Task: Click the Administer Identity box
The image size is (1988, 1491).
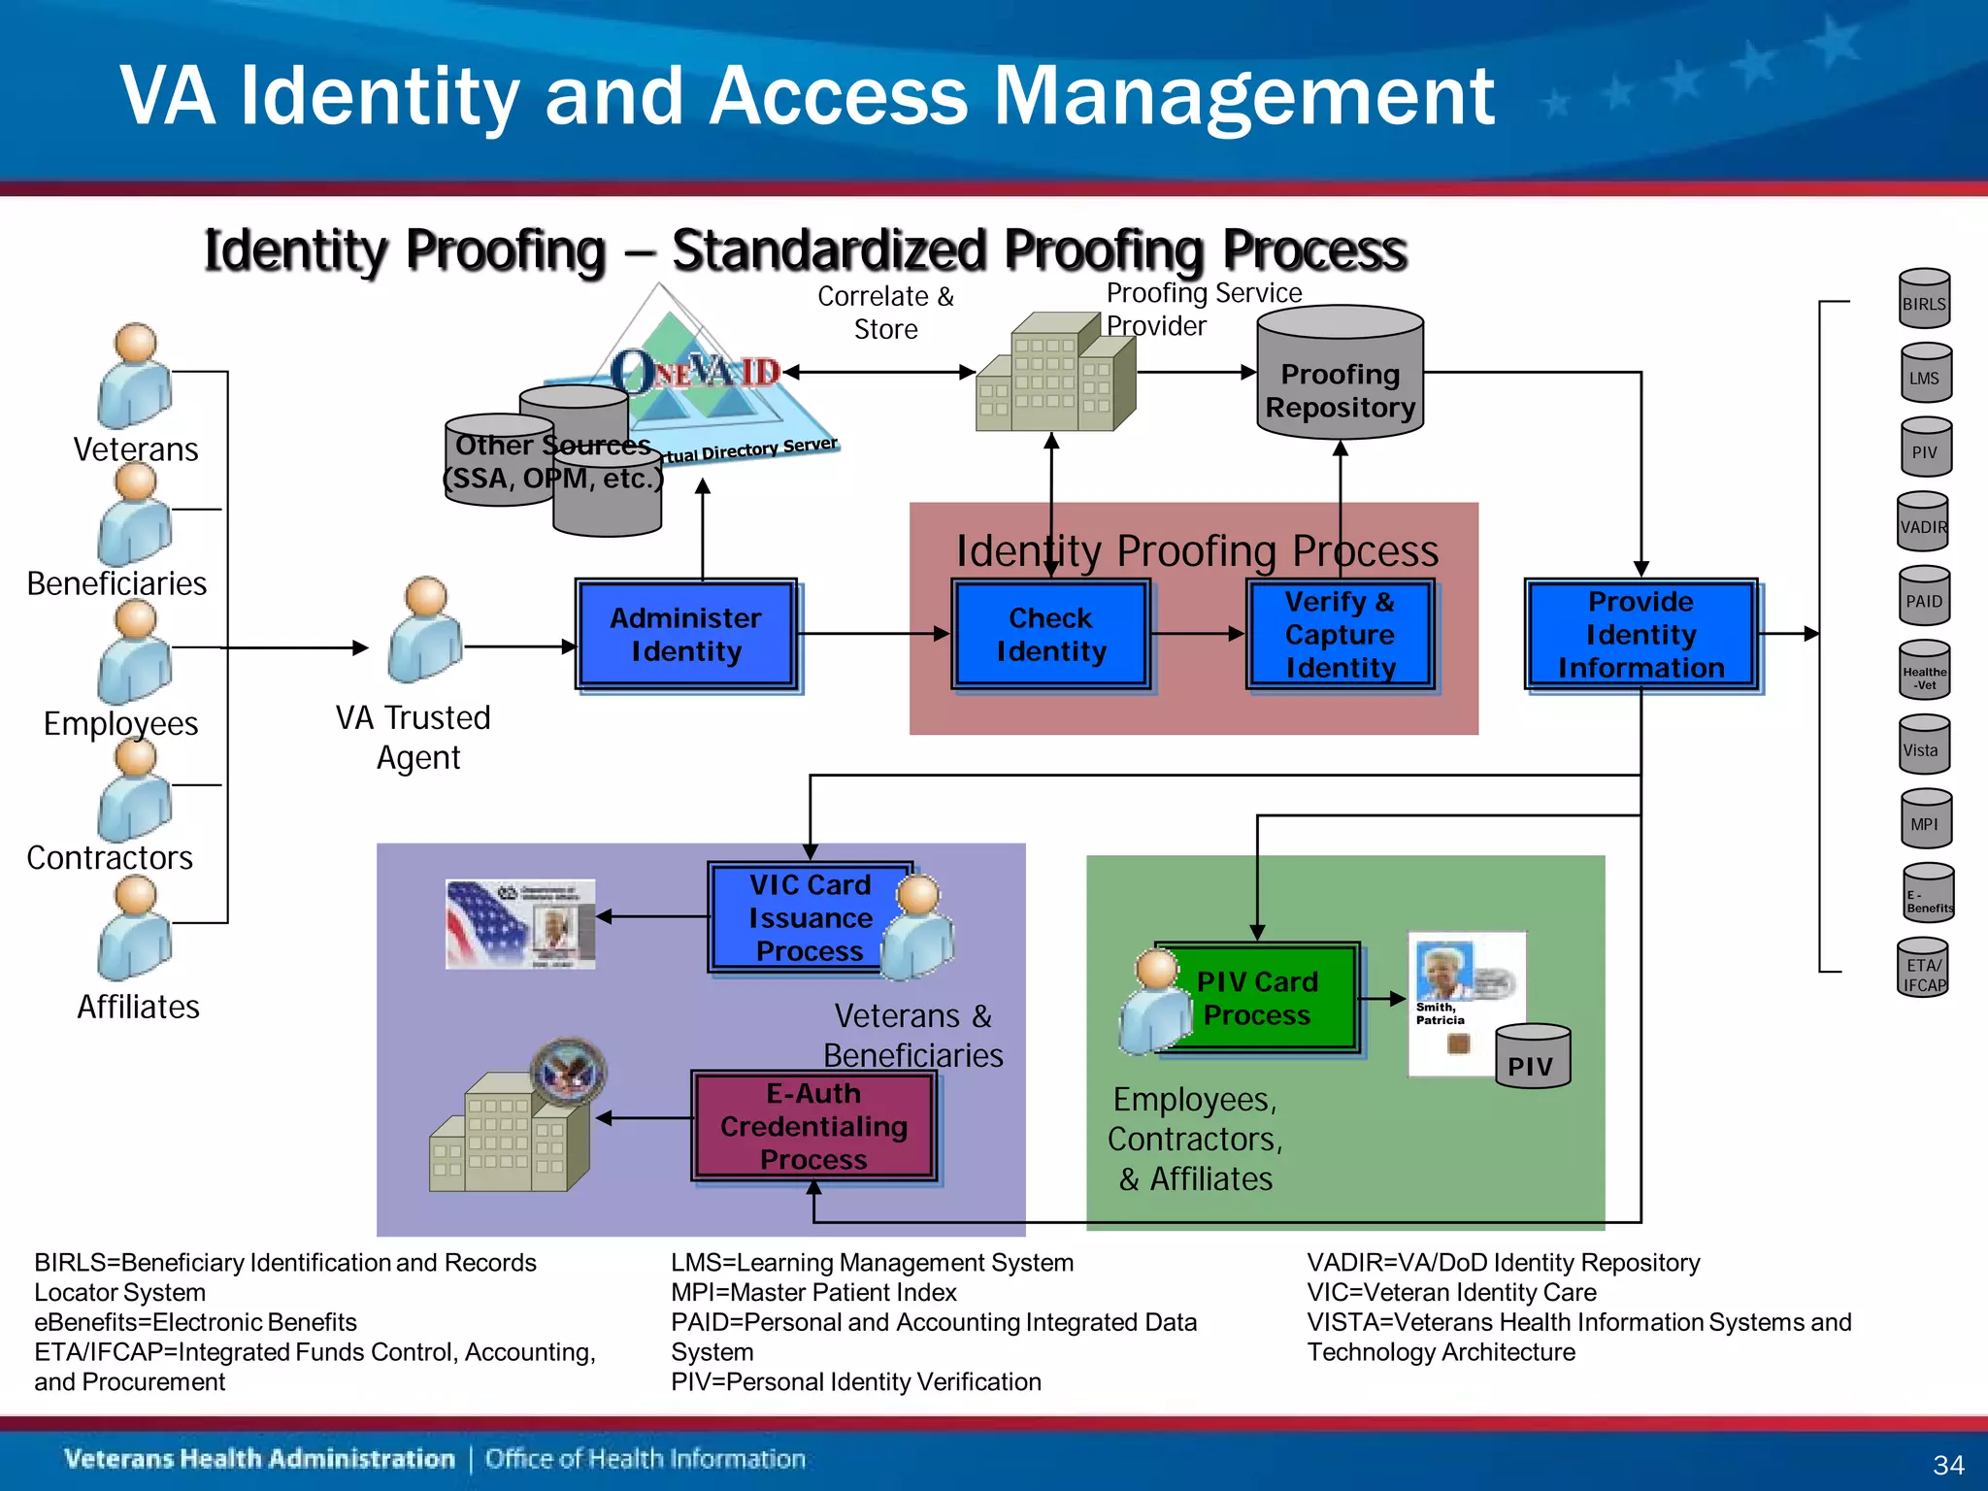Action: tap(686, 635)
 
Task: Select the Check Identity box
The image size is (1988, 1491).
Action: tap(1051, 635)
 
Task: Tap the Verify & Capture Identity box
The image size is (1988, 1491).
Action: tap(1340, 635)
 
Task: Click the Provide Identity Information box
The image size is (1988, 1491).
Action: tap(1640, 635)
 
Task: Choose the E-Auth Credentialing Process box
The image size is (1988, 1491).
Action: tap(813, 1126)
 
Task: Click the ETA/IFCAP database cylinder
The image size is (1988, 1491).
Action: tap(1923, 968)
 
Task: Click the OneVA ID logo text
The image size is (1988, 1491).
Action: tap(695, 373)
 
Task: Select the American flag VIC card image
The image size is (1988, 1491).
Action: tap(520, 924)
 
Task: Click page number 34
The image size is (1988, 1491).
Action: tap(1948, 1465)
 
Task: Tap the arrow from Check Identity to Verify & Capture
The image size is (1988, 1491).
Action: tap(1198, 634)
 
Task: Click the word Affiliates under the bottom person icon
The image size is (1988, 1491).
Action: tap(138, 1008)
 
